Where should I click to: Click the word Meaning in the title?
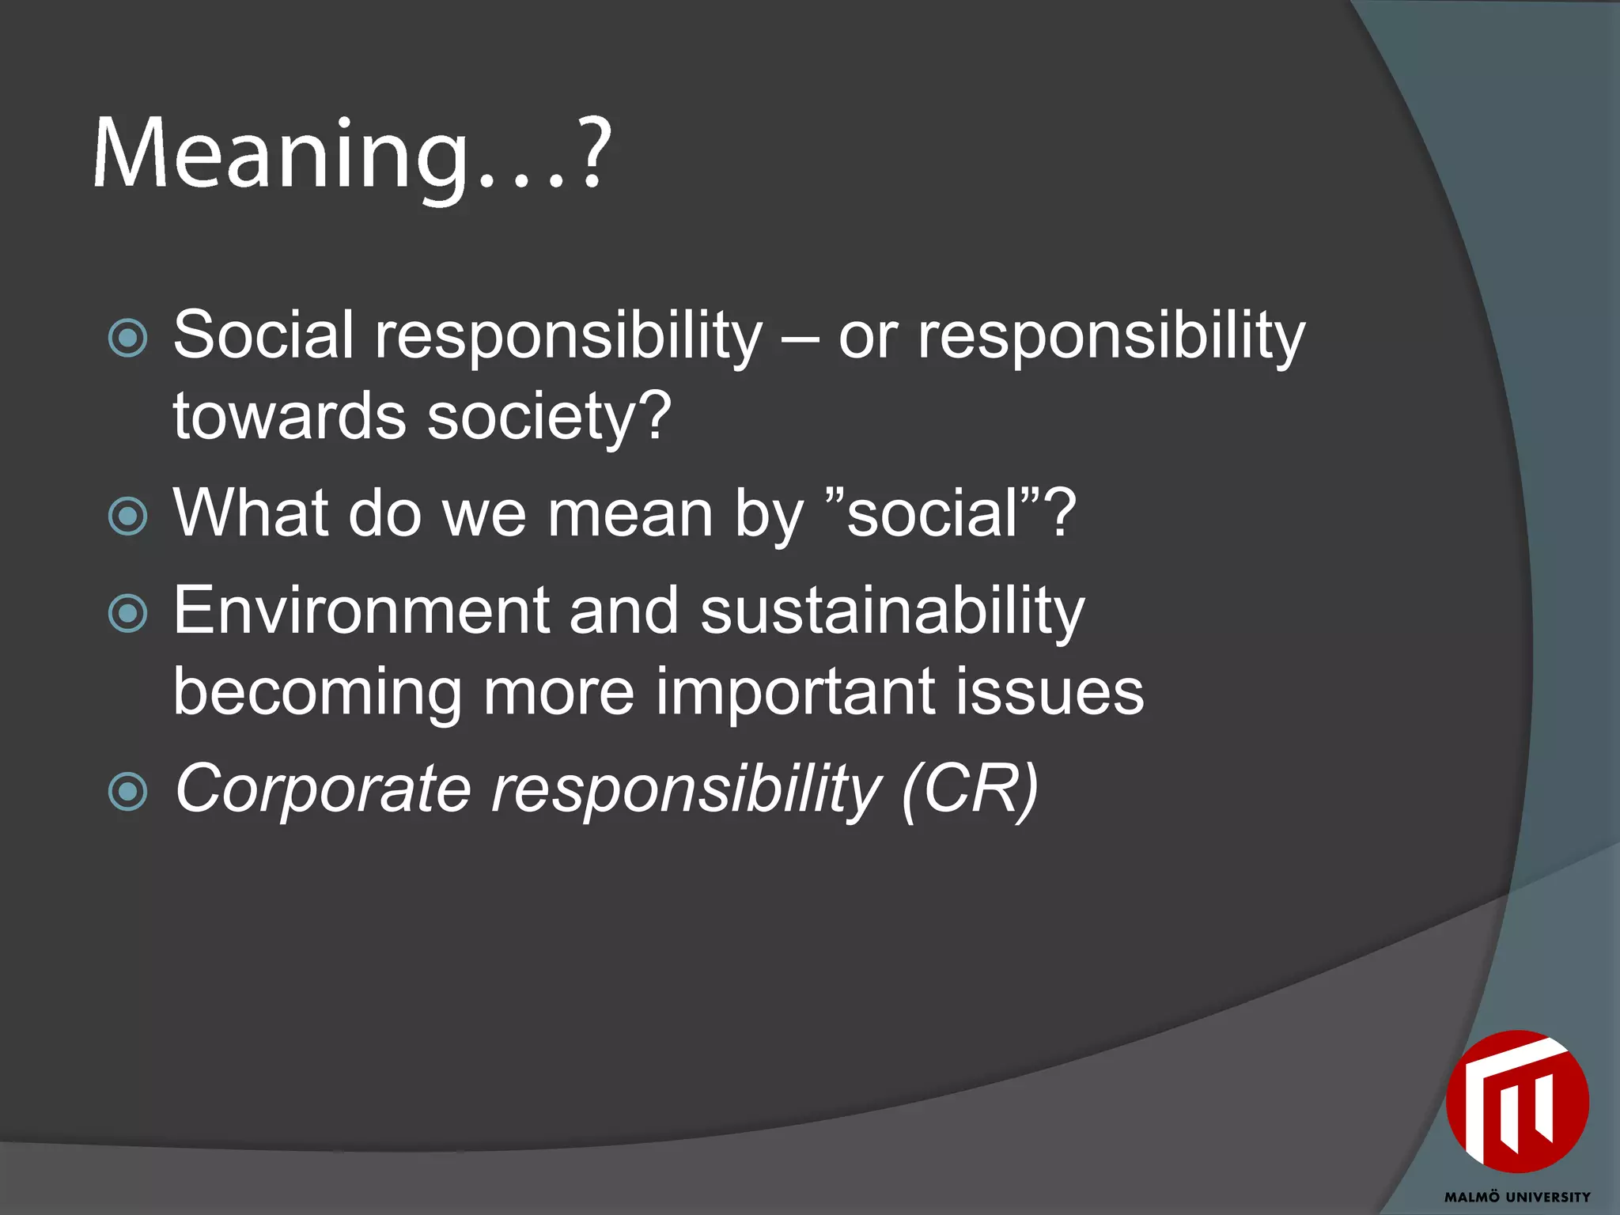click(281, 154)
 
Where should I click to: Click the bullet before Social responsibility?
click(127, 339)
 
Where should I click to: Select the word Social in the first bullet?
click(263, 335)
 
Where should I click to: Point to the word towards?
click(290, 417)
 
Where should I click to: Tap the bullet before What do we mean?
click(127, 517)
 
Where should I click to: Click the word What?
click(250, 514)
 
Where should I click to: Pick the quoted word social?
click(933, 514)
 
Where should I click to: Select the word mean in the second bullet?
click(631, 514)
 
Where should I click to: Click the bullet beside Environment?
click(127, 614)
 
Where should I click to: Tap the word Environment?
click(361, 611)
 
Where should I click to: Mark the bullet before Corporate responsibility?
click(127, 792)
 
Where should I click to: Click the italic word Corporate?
click(323, 789)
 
